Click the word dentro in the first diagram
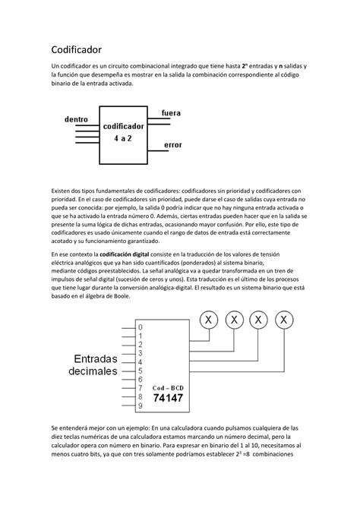pyautogui.click(x=77, y=119)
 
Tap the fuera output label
pyautogui.click(x=171, y=113)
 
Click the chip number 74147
pyautogui.click(x=168, y=396)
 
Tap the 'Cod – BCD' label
pyautogui.click(x=168, y=385)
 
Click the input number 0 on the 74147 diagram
pyautogui.click(x=139, y=328)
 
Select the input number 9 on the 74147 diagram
pyautogui.click(x=139, y=405)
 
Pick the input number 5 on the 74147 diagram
pyautogui.click(x=139, y=371)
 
